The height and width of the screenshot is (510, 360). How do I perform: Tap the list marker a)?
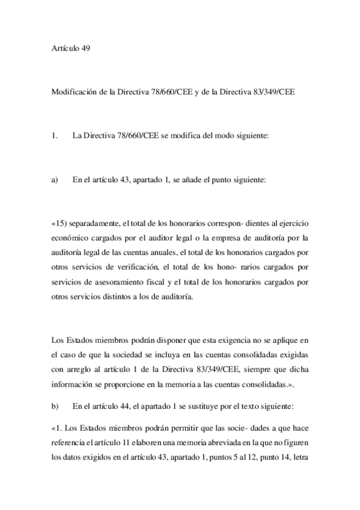pos(55,180)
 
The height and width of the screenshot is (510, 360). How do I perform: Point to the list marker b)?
pos(55,407)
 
